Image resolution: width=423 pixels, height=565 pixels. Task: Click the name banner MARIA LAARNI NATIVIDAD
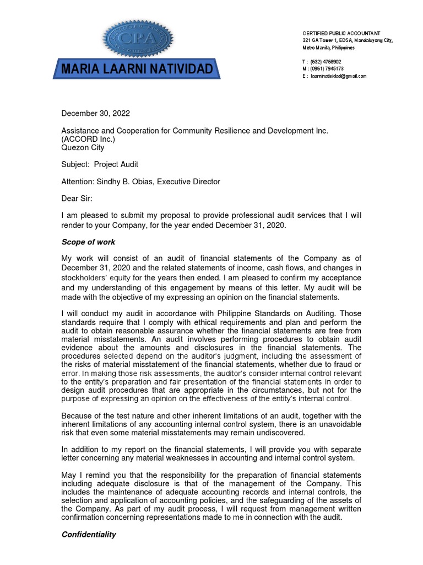click(x=137, y=70)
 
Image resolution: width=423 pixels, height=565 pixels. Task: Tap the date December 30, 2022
click(x=95, y=114)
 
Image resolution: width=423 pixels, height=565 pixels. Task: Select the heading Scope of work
click(x=88, y=242)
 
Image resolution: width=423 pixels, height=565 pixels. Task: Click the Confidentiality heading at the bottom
click(x=89, y=535)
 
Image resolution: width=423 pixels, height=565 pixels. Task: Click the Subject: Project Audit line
click(x=100, y=164)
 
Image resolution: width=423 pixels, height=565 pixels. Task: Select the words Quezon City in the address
click(x=83, y=147)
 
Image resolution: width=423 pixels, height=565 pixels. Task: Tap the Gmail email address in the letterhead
click(x=338, y=76)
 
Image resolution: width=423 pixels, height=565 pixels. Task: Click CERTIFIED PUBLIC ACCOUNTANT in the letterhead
click(x=341, y=34)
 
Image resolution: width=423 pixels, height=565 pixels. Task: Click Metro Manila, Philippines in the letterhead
click(x=329, y=48)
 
